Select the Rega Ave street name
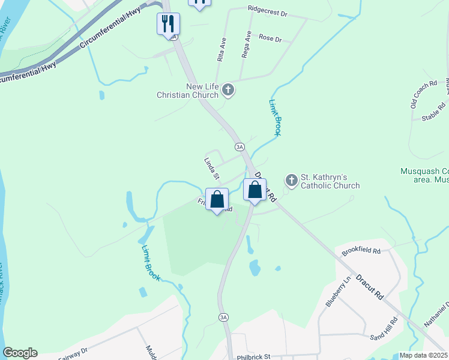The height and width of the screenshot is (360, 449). pos(247,44)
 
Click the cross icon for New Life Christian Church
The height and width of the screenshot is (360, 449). pos(228,91)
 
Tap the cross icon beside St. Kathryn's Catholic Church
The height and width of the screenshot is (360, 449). pos(291,180)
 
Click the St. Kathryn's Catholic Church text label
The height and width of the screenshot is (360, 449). pos(330,181)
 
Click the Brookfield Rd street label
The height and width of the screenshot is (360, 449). pos(361,250)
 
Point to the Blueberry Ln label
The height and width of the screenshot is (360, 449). pos(338,292)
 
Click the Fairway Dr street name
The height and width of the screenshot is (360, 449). pos(73,353)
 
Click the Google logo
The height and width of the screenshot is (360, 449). pos(20,353)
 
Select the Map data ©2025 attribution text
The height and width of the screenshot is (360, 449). pos(423,355)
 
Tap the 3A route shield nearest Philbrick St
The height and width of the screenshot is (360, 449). pos(224,317)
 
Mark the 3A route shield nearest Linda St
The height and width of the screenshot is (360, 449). pos(240,146)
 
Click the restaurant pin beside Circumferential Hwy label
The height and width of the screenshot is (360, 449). pos(169,24)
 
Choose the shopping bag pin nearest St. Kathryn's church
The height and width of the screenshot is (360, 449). pos(255,190)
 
